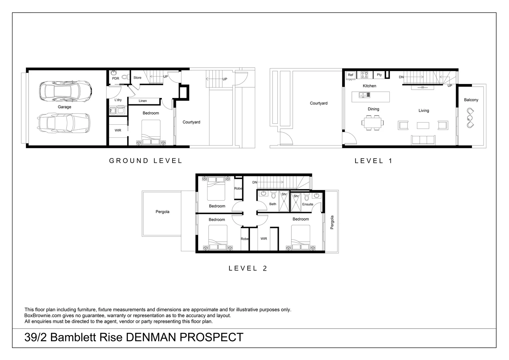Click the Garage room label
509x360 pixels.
coord(64,107)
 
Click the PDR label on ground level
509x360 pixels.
coord(116,79)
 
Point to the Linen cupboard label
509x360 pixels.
coord(143,101)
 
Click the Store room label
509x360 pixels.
coord(137,78)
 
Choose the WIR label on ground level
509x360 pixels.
coord(118,130)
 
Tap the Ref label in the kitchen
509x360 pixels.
coord(350,75)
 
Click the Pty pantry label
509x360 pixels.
coord(379,75)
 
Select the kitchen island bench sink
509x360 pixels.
coord(364,95)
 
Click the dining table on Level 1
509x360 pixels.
coord(372,123)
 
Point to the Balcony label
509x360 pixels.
coord(471,100)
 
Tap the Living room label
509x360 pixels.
coord(424,111)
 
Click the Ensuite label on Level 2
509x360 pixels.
coord(307,204)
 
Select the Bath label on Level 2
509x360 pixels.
coord(272,204)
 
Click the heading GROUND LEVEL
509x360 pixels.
coord(146,161)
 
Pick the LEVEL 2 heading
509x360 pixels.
coord(248,268)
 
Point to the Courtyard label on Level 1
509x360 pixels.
coord(318,103)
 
